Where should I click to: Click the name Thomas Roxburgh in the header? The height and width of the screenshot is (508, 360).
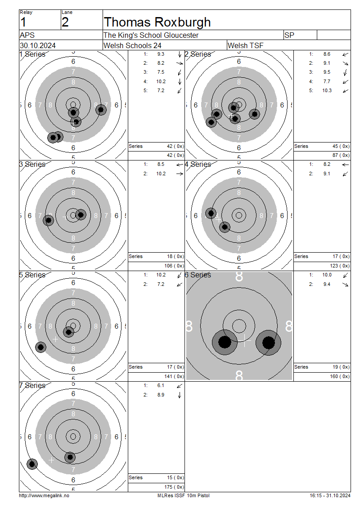tap(157, 22)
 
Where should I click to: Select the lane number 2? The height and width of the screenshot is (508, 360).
tap(65, 22)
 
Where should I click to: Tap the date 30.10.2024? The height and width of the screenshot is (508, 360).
tap(38, 45)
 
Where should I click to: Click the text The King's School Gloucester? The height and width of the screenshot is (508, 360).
tap(151, 35)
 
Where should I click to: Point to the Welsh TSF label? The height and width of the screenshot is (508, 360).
tap(246, 45)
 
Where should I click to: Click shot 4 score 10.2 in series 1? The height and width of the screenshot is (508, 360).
tap(161, 81)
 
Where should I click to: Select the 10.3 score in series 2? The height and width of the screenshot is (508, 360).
tap(327, 90)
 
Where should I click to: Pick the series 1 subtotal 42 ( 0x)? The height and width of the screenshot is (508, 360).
tap(175, 146)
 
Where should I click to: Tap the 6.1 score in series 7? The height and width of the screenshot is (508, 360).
tap(161, 385)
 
